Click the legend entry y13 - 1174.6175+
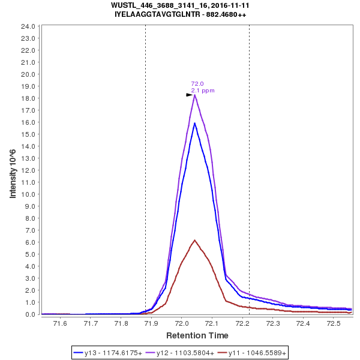pyautogui.click(x=108, y=353)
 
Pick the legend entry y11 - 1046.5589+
pyautogui.click(x=255, y=353)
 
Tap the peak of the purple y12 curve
pyautogui.click(x=195, y=95)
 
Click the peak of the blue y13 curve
pyautogui.click(x=194, y=123)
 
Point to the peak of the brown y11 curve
pyautogui.click(x=194, y=240)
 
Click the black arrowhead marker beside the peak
pyautogui.click(x=189, y=95)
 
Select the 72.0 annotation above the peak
pyautogui.click(x=197, y=84)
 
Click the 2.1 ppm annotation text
pyautogui.click(x=203, y=91)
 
